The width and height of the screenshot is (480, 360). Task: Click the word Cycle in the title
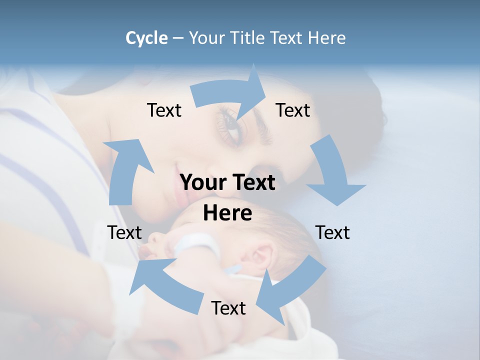146,38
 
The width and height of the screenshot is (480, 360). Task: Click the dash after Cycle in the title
178,38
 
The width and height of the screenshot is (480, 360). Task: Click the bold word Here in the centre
227,213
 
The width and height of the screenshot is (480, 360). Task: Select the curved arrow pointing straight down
333,172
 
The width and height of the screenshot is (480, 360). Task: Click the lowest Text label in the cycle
228,308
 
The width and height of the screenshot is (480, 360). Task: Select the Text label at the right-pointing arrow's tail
164,110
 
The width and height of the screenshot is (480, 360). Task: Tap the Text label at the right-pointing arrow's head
293,110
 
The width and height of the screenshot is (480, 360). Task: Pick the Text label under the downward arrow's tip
333,232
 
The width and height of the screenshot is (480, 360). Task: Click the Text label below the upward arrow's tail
124,232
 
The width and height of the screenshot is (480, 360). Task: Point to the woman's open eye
231,122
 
